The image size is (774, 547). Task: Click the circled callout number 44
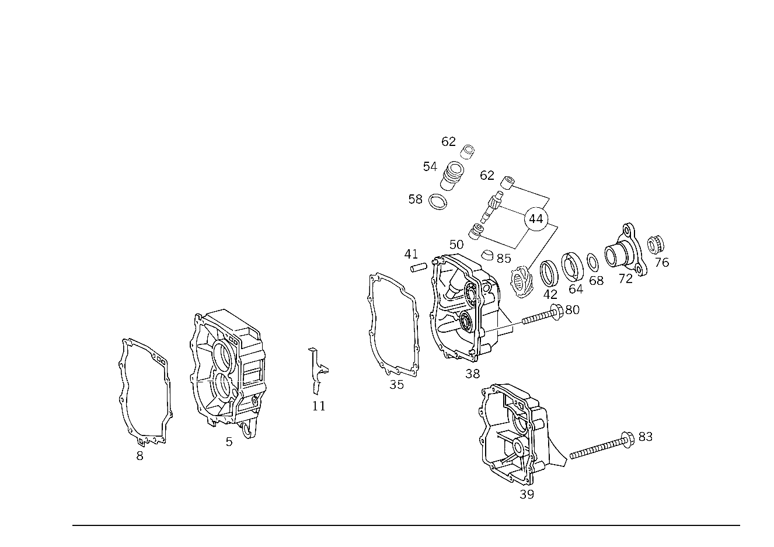(536, 219)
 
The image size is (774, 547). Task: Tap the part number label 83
(646, 437)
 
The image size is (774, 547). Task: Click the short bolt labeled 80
(542, 314)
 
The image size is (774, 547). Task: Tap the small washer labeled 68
(592, 263)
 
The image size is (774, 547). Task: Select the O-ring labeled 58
(437, 202)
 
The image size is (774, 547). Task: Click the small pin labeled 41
(419, 267)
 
